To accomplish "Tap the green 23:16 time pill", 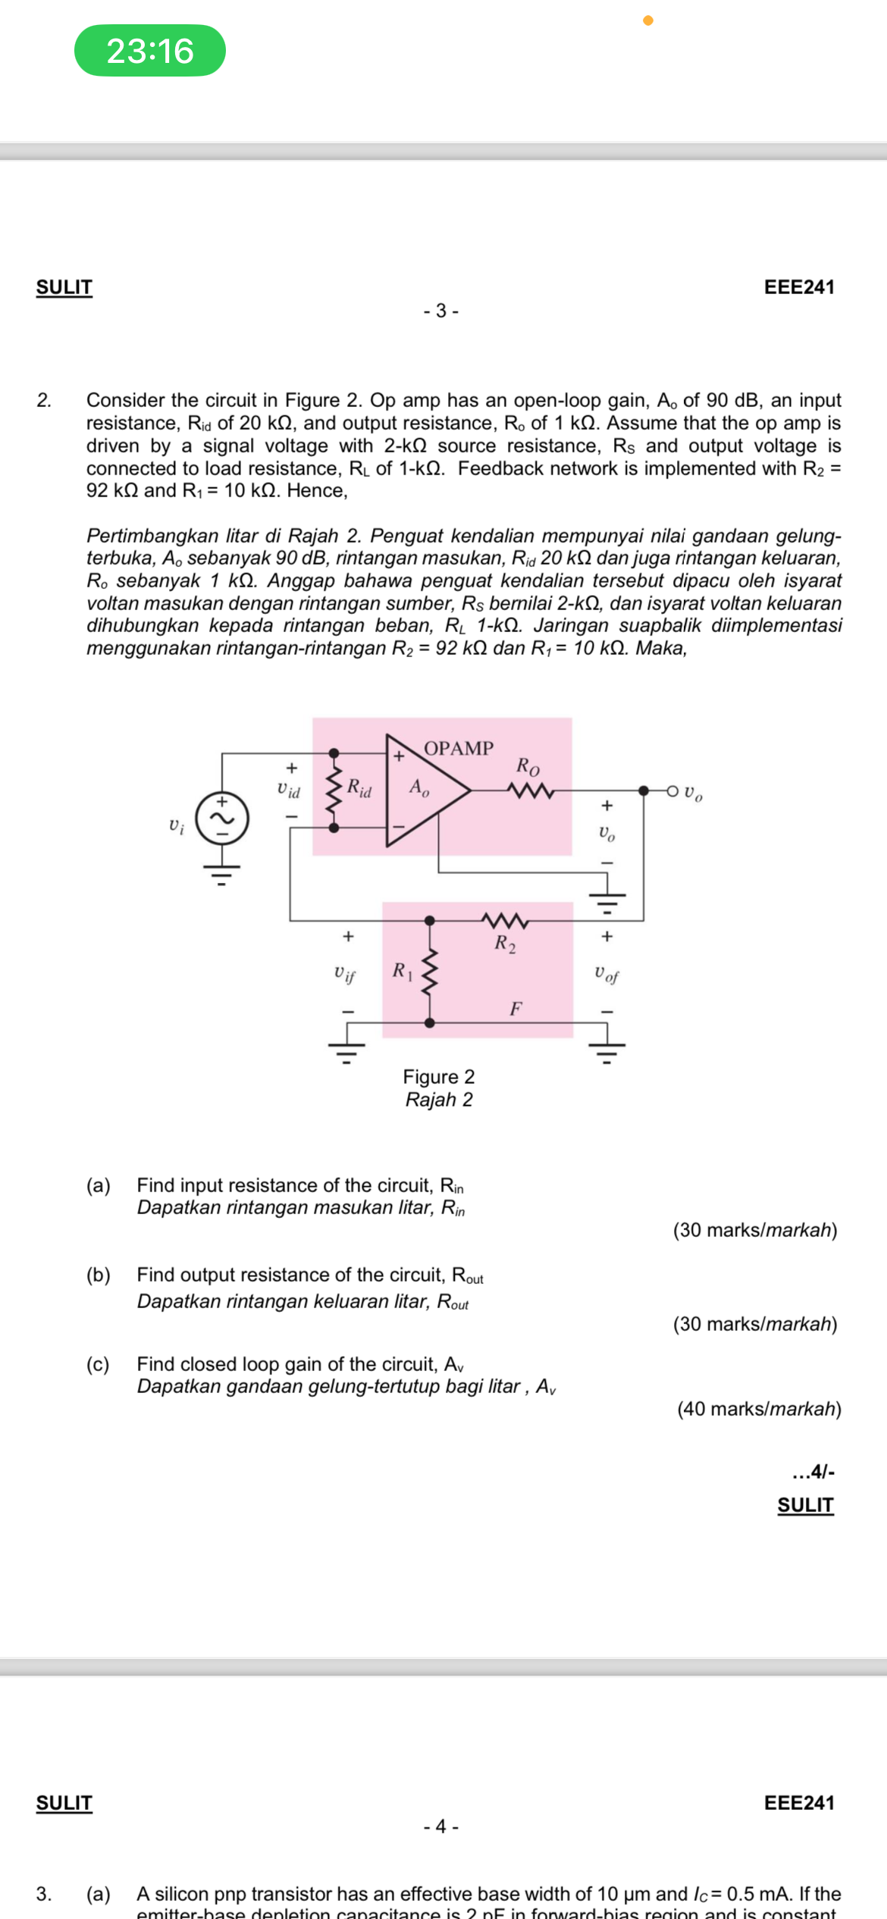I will [150, 51].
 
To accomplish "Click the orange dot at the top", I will [648, 20].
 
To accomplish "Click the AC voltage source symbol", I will [222, 819].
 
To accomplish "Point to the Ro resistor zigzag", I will [531, 790].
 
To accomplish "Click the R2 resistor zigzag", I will [505, 921].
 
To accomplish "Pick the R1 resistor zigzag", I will [430, 972].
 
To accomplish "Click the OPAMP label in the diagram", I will [458, 748].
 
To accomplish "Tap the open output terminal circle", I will [672, 791].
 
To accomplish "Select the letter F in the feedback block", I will [516, 1009].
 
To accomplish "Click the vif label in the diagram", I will [345, 973].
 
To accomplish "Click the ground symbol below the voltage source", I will [221, 875].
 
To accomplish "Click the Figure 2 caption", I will [438, 1077].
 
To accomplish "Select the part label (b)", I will [98, 1275].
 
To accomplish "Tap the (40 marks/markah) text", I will [759, 1409].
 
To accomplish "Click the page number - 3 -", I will [440, 311].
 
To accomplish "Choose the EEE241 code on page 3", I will [799, 287].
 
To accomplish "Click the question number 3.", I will [44, 1893].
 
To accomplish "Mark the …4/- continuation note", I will [813, 1472].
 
